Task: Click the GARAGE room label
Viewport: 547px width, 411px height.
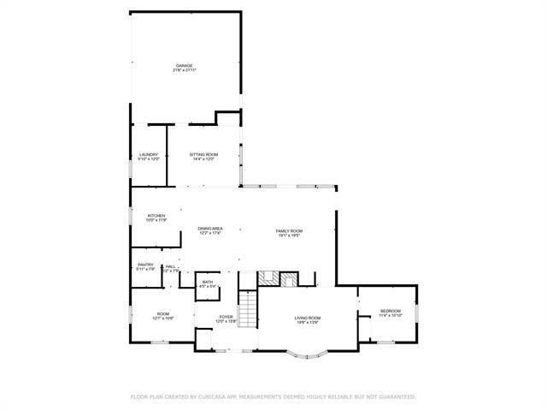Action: point(185,65)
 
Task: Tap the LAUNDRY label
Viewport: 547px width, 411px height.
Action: point(149,155)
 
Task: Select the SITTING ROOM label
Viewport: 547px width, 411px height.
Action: point(203,155)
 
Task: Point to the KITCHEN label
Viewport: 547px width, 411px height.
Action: point(156,216)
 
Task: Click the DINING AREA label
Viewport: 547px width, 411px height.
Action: point(210,229)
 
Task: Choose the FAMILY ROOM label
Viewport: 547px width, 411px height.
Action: point(289,231)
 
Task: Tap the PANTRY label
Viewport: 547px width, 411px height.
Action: point(145,265)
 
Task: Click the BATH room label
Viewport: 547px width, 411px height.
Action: point(208,282)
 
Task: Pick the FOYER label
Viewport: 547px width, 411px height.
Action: point(226,317)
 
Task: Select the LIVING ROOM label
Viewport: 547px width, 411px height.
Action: point(308,318)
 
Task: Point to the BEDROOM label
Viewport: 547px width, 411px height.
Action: point(391,310)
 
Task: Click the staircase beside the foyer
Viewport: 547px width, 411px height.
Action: point(247,308)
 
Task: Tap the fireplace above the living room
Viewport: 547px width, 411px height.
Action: point(278,279)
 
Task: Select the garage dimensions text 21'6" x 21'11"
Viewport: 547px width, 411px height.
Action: point(185,70)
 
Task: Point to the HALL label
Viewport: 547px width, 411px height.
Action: point(170,266)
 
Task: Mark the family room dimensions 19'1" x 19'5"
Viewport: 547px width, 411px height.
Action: point(289,236)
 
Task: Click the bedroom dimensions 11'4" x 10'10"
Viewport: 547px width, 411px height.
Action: point(391,315)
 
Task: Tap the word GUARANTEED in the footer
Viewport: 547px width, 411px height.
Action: point(396,397)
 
